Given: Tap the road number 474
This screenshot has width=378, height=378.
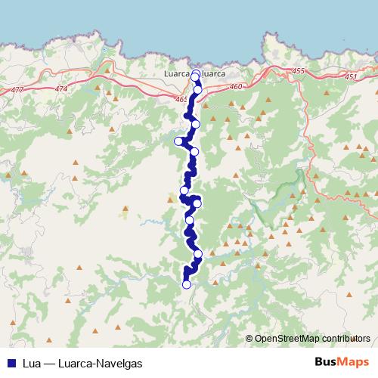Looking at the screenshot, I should (60, 89).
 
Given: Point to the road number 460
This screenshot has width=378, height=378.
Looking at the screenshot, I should (237, 87).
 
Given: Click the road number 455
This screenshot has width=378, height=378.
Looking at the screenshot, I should (297, 71).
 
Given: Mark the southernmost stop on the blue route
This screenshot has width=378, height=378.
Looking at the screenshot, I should (187, 284).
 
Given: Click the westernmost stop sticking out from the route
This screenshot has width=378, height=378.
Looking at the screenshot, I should (179, 141).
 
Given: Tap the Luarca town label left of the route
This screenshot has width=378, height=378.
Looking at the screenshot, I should (178, 74).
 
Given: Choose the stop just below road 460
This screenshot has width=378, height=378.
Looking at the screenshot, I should (197, 90).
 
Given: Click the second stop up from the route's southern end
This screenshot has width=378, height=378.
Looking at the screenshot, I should (199, 254).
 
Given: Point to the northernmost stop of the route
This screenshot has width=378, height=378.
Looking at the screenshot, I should (196, 73).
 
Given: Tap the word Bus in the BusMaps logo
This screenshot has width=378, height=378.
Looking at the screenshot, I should (326, 362).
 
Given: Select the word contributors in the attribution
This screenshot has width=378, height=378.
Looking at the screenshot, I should (345, 339).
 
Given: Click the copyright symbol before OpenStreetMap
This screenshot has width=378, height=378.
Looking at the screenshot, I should (249, 339).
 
